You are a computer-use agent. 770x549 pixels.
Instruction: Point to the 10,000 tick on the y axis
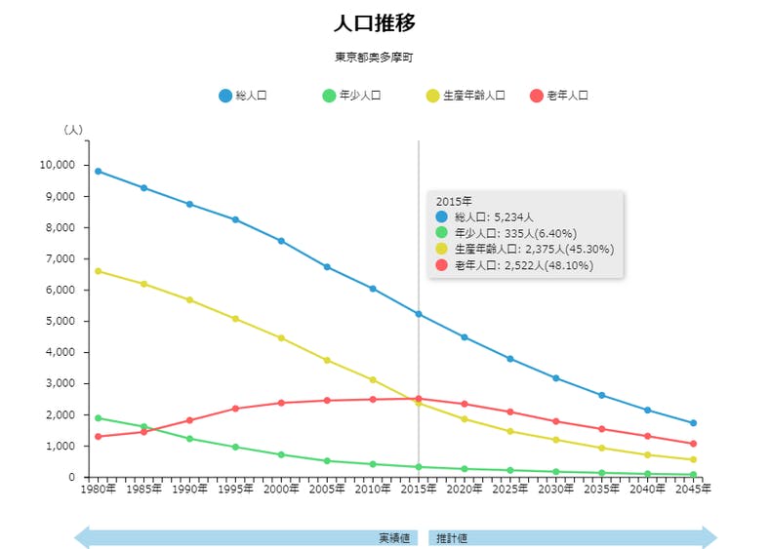coord(57,165)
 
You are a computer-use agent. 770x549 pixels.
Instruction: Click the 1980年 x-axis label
coord(98,489)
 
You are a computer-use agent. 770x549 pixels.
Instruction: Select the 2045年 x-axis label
coord(694,489)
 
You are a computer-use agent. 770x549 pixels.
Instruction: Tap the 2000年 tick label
coord(281,489)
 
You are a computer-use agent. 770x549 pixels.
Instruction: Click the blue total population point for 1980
coord(98,171)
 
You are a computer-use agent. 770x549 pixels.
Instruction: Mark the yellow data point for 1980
coord(98,271)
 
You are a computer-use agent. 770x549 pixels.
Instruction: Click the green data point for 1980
coord(98,417)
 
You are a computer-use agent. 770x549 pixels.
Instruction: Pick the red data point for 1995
coord(235,409)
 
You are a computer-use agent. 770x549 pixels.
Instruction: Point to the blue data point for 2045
coord(694,423)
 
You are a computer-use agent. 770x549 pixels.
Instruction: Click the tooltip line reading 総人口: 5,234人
coord(493,216)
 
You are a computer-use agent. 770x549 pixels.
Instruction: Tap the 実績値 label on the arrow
coord(393,537)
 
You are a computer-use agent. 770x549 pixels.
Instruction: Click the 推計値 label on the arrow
coord(452,537)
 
